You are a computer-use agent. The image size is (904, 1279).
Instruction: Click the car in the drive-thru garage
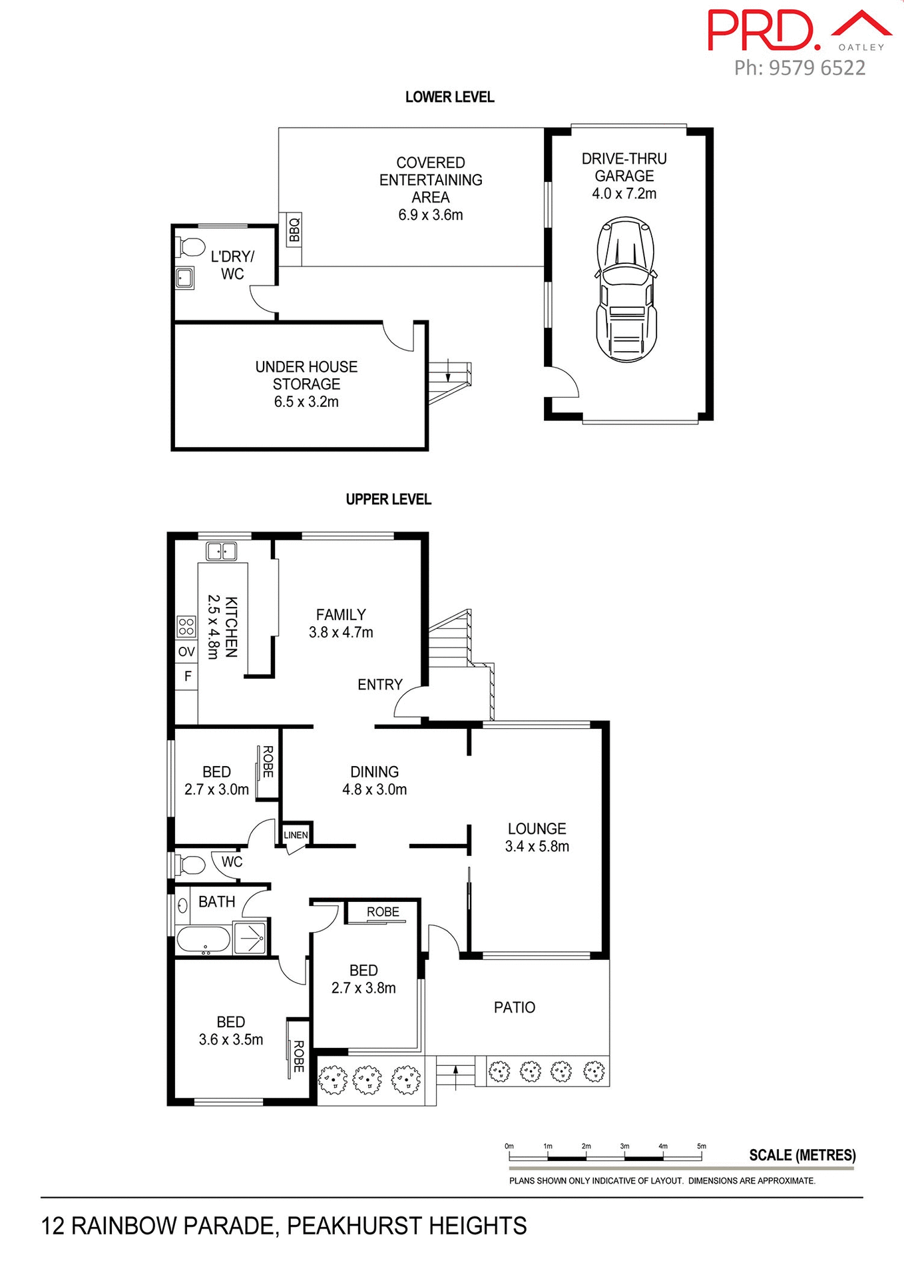(x=626, y=289)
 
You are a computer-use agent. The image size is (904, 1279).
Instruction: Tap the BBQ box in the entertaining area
(x=294, y=230)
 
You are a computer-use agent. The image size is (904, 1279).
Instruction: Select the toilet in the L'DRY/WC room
(x=192, y=247)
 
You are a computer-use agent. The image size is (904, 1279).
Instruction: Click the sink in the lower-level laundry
(x=184, y=277)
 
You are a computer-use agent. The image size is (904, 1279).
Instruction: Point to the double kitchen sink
(x=222, y=552)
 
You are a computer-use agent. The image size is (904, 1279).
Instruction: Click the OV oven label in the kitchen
(x=186, y=651)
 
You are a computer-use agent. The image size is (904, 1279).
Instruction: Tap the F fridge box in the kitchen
(x=187, y=677)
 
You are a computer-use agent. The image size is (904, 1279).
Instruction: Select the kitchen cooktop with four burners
(x=186, y=627)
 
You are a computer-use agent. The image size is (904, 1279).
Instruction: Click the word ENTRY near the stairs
(x=379, y=685)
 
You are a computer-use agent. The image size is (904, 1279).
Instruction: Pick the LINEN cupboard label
(x=296, y=835)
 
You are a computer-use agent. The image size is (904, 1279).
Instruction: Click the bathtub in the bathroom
(x=203, y=940)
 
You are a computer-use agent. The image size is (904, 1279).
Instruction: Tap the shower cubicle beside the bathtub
(x=250, y=939)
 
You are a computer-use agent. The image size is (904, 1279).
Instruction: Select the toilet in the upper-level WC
(x=191, y=865)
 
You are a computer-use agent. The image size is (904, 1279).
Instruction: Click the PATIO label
(x=514, y=1007)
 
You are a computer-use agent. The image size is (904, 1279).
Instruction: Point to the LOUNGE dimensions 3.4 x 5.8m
(x=537, y=847)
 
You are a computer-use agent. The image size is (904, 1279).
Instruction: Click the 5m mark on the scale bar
(x=701, y=1146)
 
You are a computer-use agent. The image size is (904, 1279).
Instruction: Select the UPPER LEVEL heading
(x=388, y=500)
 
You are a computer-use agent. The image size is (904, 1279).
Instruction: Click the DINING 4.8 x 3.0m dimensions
(x=374, y=789)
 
